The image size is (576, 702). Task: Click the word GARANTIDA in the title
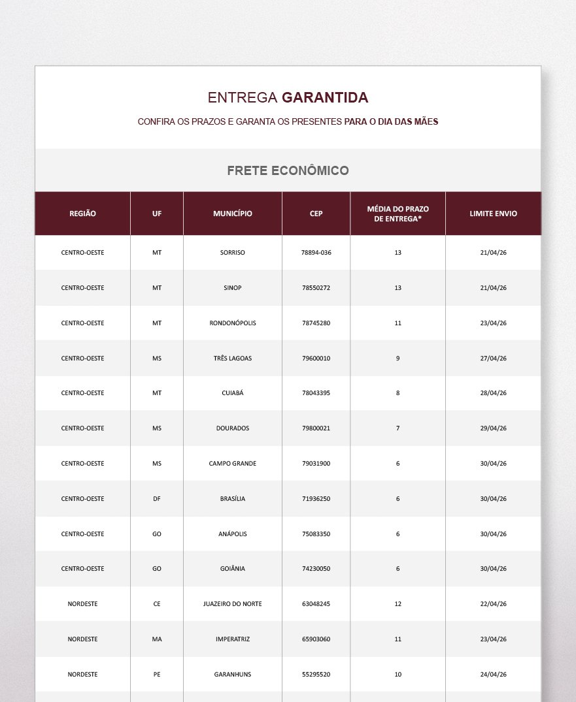pyautogui.click(x=325, y=98)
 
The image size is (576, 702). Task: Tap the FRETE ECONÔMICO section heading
pyautogui.click(x=288, y=171)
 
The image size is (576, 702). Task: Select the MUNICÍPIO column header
pyautogui.click(x=232, y=214)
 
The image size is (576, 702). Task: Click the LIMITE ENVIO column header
pyautogui.click(x=493, y=214)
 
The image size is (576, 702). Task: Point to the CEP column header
pyautogui.click(x=316, y=214)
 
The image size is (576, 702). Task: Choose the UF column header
pyautogui.click(x=157, y=214)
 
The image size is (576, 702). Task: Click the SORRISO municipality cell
pyautogui.click(x=232, y=253)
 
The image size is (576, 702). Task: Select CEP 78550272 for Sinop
pyautogui.click(x=316, y=288)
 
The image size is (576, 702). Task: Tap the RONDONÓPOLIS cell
pyautogui.click(x=232, y=323)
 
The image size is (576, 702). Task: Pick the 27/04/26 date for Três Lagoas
pyautogui.click(x=493, y=359)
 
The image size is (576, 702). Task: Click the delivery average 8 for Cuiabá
pyautogui.click(x=398, y=393)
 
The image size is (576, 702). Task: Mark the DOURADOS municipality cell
pyautogui.click(x=232, y=428)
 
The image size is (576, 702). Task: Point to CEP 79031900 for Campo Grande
pyautogui.click(x=316, y=464)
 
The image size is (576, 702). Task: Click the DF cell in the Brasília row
pyautogui.click(x=157, y=499)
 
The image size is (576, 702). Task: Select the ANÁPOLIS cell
pyautogui.click(x=232, y=534)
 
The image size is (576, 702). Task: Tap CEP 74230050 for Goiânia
pyautogui.click(x=316, y=569)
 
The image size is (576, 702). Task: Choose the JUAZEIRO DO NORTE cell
pyautogui.click(x=232, y=604)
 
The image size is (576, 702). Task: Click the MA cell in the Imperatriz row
pyautogui.click(x=157, y=639)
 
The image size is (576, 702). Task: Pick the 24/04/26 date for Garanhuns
pyautogui.click(x=493, y=675)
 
